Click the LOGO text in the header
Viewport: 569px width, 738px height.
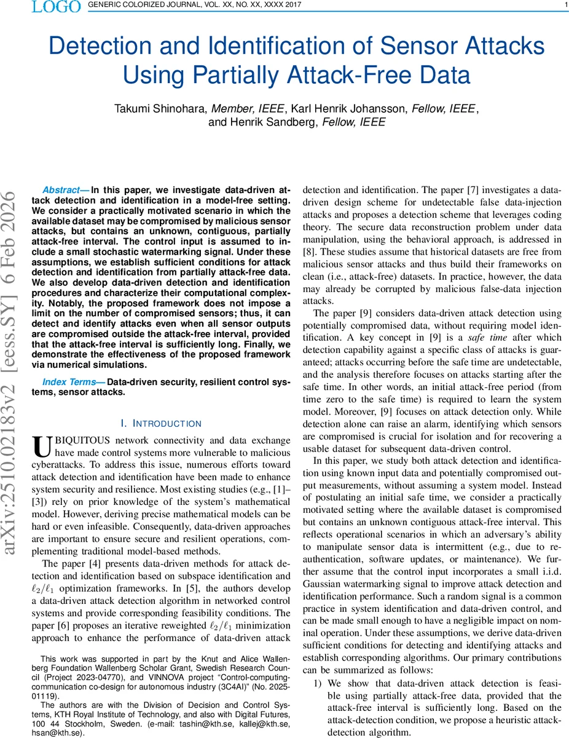click(56, 7)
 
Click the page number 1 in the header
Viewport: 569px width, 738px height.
click(565, 6)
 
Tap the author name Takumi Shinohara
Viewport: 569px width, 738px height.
click(161, 109)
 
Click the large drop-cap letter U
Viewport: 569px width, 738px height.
click(41, 446)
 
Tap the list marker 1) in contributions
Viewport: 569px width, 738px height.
click(318, 683)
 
